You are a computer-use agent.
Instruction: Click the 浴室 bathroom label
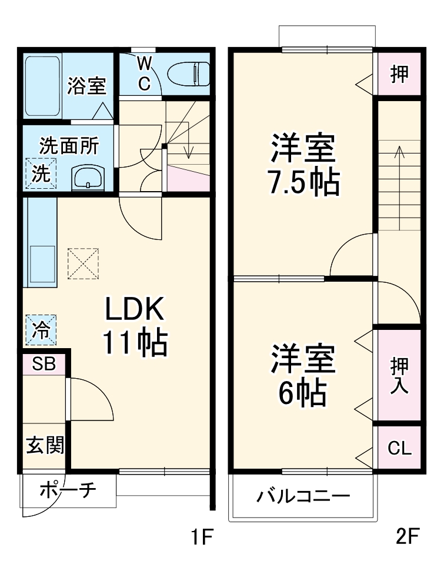click(x=86, y=86)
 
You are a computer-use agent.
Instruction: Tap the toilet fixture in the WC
click(x=188, y=74)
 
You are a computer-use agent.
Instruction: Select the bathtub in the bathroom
click(x=42, y=86)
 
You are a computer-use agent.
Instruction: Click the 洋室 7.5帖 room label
click(x=303, y=165)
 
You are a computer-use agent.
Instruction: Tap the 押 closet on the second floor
click(x=399, y=75)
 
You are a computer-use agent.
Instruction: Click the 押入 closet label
click(x=399, y=376)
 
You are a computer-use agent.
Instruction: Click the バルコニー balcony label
click(x=302, y=496)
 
